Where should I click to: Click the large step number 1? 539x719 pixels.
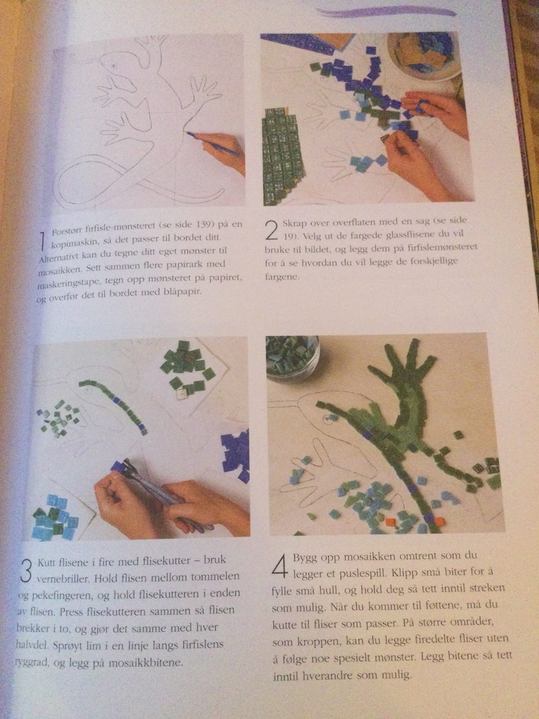coord(42,242)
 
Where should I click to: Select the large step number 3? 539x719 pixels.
coord(26,570)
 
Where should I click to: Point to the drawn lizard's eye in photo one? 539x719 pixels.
coord(114,66)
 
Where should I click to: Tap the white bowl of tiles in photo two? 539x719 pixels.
coord(423,57)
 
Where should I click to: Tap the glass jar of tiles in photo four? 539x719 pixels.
coord(293,357)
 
